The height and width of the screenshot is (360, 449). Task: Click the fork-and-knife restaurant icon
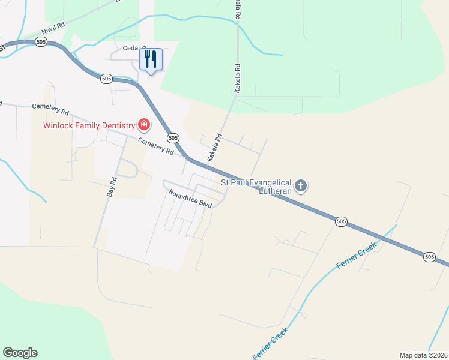coord(151,59)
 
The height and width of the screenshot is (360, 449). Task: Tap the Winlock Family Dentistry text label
coord(89,125)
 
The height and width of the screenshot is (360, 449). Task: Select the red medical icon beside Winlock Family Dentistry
coord(144,125)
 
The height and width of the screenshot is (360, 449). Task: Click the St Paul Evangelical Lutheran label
coord(256,186)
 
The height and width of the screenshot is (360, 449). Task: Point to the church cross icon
coord(301,186)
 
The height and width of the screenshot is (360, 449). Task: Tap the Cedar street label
coord(134,48)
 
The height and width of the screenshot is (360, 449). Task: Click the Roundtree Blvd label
coord(191,199)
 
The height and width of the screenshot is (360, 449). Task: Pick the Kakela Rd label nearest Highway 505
coord(215,148)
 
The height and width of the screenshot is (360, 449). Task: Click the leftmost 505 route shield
coord(41,42)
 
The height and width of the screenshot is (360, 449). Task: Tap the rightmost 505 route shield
coord(429,257)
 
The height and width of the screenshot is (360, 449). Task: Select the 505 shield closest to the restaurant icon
coord(106,79)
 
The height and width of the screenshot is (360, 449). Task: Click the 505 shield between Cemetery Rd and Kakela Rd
coord(173,138)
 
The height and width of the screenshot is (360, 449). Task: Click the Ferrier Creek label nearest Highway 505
coord(357,255)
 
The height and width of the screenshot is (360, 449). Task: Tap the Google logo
coord(20,353)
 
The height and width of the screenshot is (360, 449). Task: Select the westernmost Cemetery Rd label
coord(51,109)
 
